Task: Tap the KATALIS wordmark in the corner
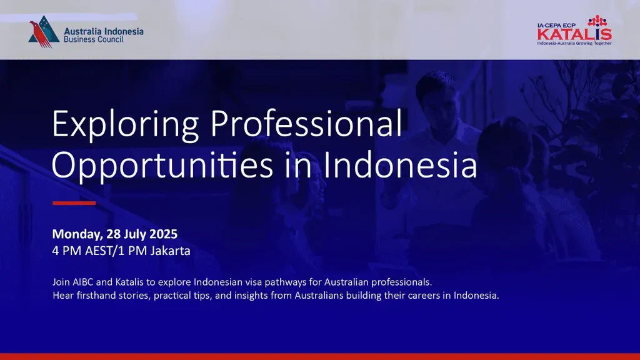(574, 34)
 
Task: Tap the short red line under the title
(74, 203)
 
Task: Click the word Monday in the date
(77, 234)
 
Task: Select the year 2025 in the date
(163, 234)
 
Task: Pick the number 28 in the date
(114, 234)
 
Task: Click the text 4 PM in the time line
(66, 251)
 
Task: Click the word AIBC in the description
(83, 282)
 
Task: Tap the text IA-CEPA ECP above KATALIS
(557, 25)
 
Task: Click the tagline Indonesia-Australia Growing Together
(574, 43)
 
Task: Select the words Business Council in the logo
(94, 39)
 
